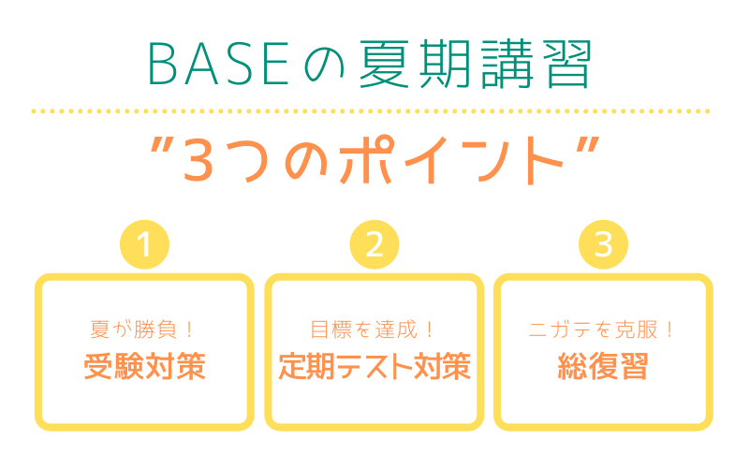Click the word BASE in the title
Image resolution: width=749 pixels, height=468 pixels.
(219, 64)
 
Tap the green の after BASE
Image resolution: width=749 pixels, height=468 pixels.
(324, 66)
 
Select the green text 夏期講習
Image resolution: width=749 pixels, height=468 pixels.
(476, 64)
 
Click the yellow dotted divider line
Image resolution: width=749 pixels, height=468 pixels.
(371, 111)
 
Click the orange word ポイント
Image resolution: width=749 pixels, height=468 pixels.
(451, 160)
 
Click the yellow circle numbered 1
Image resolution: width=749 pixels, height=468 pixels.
(145, 244)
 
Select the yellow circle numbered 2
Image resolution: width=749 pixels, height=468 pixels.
(374, 244)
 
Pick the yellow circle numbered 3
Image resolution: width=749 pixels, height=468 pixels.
(603, 244)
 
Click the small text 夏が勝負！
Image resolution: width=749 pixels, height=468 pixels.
(142, 329)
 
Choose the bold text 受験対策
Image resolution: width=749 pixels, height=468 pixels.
(145, 366)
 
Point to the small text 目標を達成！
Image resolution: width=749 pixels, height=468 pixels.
(372, 329)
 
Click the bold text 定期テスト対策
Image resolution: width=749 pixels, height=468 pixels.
(374, 366)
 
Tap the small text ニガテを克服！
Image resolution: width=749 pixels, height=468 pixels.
(601, 329)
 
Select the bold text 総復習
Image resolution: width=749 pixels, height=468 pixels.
(603, 366)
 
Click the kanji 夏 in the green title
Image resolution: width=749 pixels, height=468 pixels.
(385, 64)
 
